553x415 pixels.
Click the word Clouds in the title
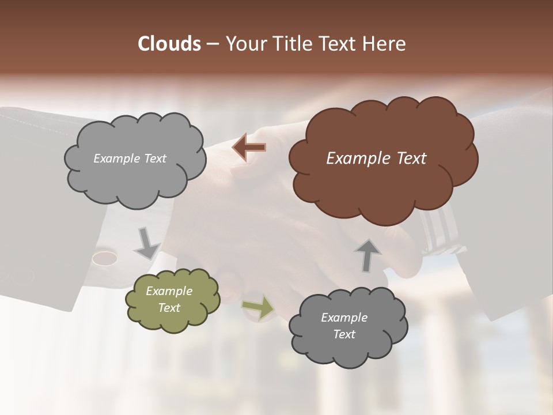(x=169, y=44)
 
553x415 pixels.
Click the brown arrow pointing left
(x=249, y=147)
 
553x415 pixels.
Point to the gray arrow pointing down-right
(x=147, y=244)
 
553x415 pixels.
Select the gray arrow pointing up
(x=368, y=255)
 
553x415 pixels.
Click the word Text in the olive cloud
(x=169, y=308)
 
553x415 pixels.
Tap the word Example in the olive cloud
(x=169, y=291)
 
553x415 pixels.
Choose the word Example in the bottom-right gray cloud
(x=344, y=318)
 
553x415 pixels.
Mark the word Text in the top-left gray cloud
(x=154, y=159)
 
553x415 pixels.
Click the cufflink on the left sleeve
(x=105, y=257)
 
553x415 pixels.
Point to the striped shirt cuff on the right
(x=441, y=231)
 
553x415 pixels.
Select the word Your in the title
(x=244, y=44)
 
